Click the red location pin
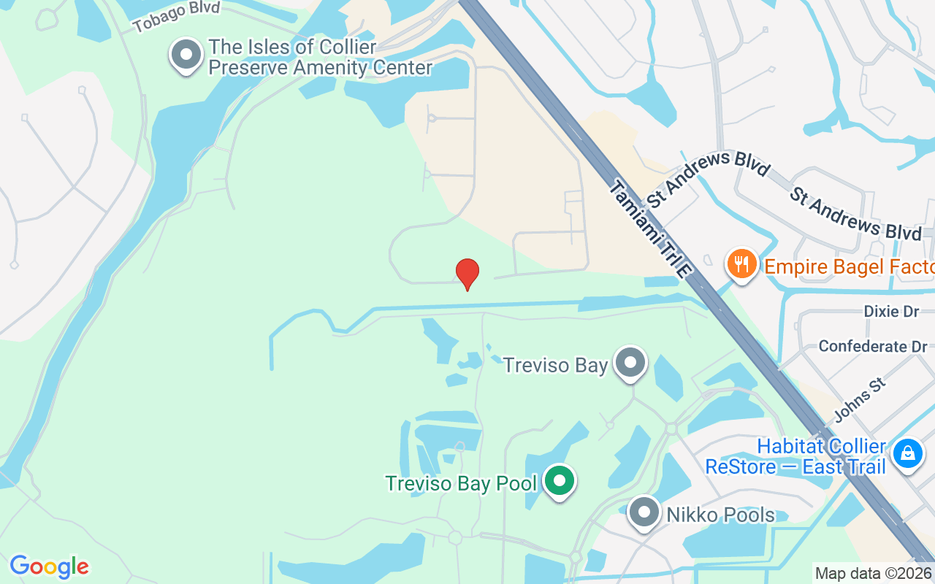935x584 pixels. click(x=467, y=274)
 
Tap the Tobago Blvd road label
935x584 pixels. click(x=176, y=17)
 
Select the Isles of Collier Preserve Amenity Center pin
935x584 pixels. click(x=186, y=55)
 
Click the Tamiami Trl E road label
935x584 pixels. click(x=649, y=228)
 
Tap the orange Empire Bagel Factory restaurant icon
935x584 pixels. click(x=742, y=264)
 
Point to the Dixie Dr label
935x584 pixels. click(x=890, y=312)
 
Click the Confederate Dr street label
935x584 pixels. click(x=872, y=346)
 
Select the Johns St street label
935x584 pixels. click(x=859, y=400)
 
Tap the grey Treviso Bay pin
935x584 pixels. click(x=630, y=363)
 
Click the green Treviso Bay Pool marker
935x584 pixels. click(x=560, y=482)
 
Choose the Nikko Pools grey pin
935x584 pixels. click(x=644, y=513)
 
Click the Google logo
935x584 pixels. click(x=49, y=566)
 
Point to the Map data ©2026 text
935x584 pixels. click(x=873, y=574)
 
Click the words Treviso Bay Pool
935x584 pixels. click(x=461, y=483)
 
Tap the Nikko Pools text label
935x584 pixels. click(x=720, y=515)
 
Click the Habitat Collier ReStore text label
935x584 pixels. click(x=795, y=456)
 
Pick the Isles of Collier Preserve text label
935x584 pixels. click(x=320, y=58)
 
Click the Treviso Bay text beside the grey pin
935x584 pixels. click(x=555, y=365)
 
